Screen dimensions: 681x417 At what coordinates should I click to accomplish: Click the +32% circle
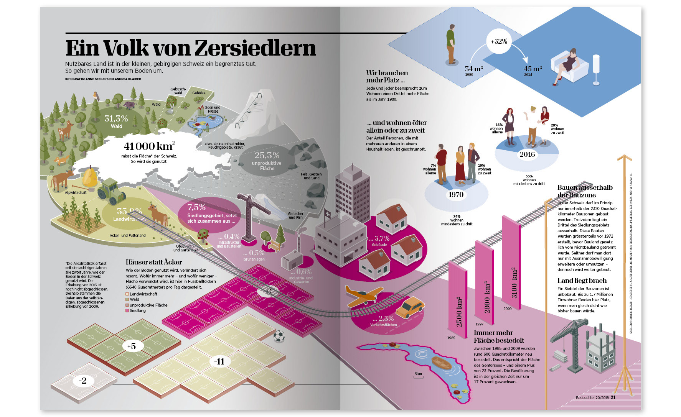click(x=499, y=41)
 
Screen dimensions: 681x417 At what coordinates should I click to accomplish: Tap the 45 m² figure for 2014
click(x=533, y=69)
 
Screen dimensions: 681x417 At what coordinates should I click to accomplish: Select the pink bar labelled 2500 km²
click(x=458, y=299)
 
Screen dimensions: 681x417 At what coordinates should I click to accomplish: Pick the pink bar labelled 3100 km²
click(x=512, y=264)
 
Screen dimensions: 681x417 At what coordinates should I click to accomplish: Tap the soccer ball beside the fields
click(x=279, y=337)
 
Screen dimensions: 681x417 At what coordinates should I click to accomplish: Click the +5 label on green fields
click(x=131, y=346)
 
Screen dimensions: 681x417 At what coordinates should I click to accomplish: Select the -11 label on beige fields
click(x=219, y=361)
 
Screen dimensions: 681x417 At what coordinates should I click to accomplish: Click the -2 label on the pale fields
click(x=82, y=381)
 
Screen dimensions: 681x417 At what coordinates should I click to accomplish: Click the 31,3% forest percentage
click(x=116, y=118)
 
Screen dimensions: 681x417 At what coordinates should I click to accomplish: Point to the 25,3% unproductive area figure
click(x=267, y=155)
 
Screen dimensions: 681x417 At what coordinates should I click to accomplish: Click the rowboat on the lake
click(x=441, y=362)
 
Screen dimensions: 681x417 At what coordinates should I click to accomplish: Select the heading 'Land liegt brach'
click(x=582, y=281)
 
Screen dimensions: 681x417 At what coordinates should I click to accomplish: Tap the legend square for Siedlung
click(x=127, y=310)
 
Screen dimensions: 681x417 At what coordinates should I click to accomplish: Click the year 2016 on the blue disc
click(x=527, y=154)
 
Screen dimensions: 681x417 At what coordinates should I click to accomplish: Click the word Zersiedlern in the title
click(x=255, y=48)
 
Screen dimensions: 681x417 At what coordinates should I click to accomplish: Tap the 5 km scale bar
click(x=418, y=376)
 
